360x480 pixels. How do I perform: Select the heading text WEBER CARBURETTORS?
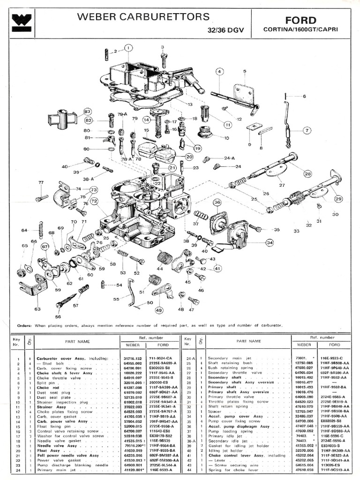(143, 17)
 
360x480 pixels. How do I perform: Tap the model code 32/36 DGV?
(227, 30)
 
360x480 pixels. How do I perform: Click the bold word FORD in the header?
(301, 20)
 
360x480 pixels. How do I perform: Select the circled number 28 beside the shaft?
(307, 173)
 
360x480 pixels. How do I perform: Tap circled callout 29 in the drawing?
(339, 198)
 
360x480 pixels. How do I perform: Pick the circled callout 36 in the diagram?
(217, 202)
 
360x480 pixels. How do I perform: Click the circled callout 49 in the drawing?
(159, 310)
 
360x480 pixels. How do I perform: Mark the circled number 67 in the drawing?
(45, 247)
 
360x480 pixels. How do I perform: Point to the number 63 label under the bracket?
(37, 309)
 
